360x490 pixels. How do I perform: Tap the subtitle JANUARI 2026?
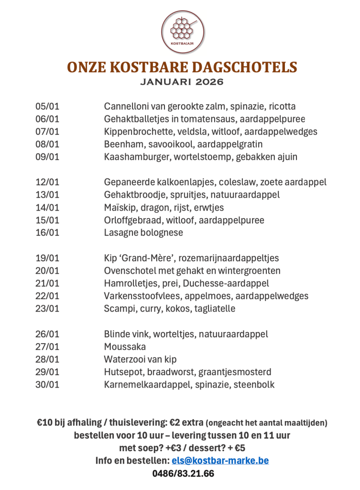tap(182, 82)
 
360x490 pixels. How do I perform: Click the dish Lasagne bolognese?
tap(143, 233)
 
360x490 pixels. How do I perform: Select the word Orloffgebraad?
tap(132, 220)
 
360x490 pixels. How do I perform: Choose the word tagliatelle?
tap(215, 309)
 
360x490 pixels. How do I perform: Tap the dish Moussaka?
tap(125, 346)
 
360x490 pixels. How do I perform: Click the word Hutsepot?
tap(122, 372)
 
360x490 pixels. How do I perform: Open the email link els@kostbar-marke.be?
tap(220, 461)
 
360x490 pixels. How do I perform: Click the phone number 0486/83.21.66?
tap(183, 474)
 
